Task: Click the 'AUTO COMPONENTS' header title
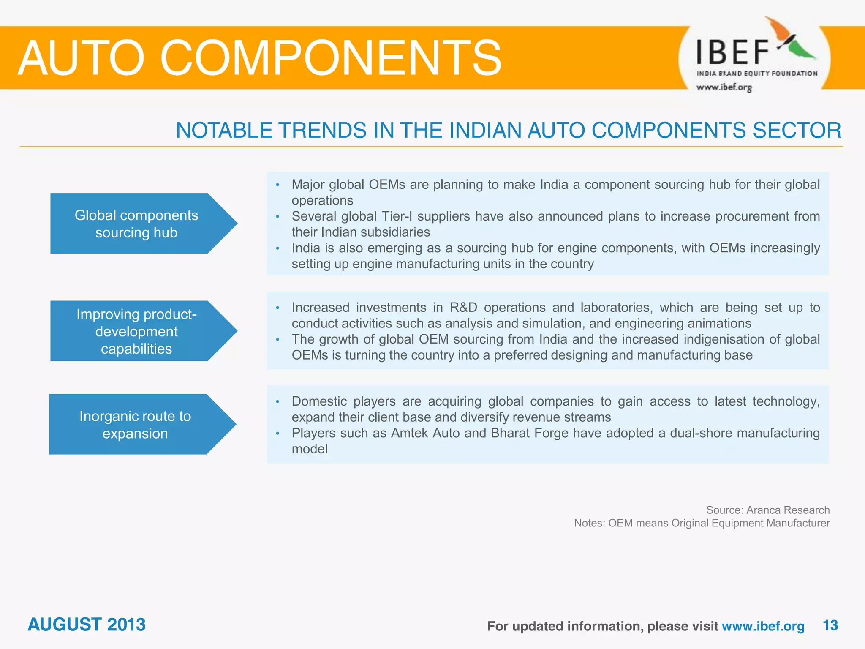pos(259,58)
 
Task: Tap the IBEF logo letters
pos(732,52)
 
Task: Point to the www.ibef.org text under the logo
pos(724,87)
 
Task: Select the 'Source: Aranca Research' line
pos(767,510)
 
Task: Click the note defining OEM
pos(702,523)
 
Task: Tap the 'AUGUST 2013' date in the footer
pos(87,624)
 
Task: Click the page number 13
pos(830,625)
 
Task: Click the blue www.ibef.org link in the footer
pos(763,626)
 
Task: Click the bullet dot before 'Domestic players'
pos(277,402)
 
